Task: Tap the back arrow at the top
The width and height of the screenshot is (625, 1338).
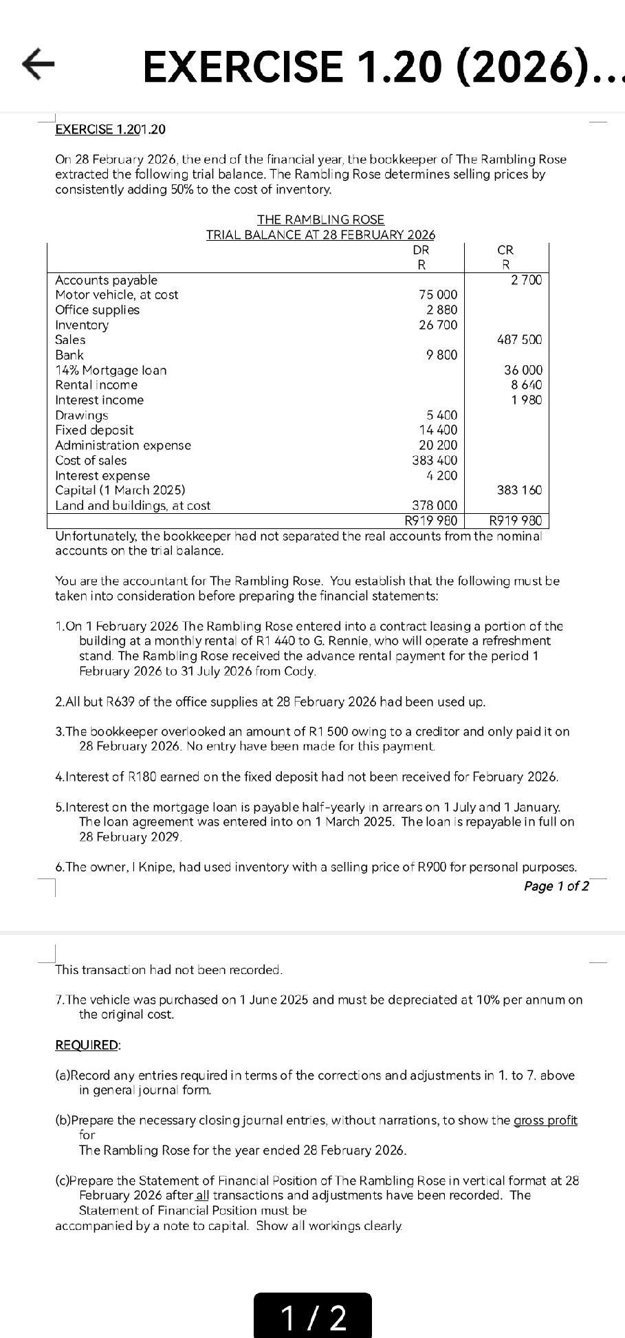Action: tap(39, 65)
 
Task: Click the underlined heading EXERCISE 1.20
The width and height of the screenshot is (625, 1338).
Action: tap(110, 129)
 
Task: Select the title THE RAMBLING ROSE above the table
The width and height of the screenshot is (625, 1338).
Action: tap(320, 219)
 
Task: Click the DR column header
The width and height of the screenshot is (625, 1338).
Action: tap(421, 250)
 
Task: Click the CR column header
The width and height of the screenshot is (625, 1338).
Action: tap(505, 250)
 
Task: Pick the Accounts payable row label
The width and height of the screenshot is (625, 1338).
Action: tap(106, 280)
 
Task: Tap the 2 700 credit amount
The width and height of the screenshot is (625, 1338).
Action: tap(526, 280)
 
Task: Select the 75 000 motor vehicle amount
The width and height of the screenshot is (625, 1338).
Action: tap(438, 295)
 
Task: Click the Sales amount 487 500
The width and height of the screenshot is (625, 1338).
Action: tap(519, 340)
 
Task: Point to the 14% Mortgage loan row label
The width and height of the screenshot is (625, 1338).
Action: tap(111, 370)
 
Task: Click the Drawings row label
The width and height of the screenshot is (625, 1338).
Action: tap(82, 416)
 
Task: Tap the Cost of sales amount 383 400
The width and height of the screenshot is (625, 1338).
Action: tap(435, 460)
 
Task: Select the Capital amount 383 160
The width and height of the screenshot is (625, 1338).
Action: tap(519, 490)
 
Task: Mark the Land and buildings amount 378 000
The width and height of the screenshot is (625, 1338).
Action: tap(435, 506)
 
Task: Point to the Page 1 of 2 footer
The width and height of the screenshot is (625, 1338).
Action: tap(556, 886)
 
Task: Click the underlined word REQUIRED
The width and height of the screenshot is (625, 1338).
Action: tap(87, 1045)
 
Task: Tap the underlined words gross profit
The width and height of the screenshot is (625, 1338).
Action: tap(545, 1121)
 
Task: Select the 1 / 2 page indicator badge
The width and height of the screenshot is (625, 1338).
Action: tap(313, 1316)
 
